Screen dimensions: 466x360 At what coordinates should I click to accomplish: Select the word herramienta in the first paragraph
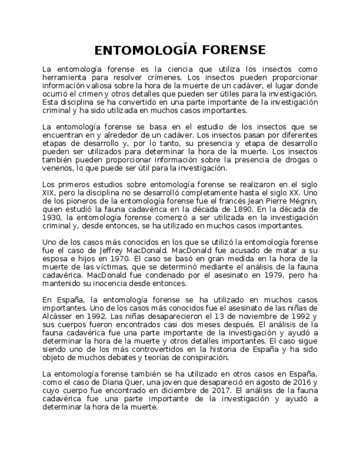pos(64,77)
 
